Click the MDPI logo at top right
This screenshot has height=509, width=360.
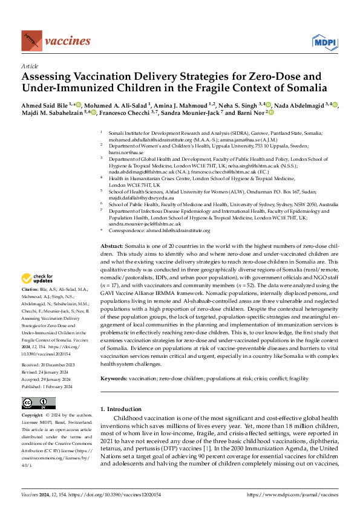325,41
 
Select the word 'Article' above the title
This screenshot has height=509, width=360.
29,66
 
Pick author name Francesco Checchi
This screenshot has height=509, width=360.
123,112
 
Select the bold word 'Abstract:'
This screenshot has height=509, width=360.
111,247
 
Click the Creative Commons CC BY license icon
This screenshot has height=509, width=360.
38,403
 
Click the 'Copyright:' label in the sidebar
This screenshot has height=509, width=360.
33,417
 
